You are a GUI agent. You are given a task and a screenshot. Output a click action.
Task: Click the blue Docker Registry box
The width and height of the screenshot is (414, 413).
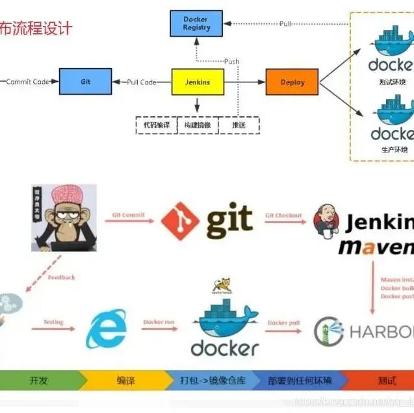coord(196,24)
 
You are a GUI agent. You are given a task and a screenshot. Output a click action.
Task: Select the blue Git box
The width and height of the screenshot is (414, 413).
coord(85,82)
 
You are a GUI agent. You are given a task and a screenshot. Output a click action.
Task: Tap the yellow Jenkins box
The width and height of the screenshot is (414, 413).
coord(197,82)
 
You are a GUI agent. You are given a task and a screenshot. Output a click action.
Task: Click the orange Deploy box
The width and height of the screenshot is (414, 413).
coord(292,82)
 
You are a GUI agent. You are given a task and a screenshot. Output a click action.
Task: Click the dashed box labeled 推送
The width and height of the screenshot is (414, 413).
coord(237,124)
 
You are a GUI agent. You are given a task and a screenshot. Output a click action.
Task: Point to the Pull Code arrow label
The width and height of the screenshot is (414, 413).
coord(141,82)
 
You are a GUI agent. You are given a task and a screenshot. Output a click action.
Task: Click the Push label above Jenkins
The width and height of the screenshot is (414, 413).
coord(231,62)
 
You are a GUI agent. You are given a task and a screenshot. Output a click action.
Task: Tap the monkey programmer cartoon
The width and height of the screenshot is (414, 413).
coord(64,218)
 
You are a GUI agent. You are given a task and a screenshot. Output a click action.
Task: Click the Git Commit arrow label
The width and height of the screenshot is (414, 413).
coord(128,215)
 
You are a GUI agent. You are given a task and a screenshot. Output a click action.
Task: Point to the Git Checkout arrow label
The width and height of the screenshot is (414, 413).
coord(283,215)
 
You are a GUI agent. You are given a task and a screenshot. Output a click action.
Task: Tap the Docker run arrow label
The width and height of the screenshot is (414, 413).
coord(159,323)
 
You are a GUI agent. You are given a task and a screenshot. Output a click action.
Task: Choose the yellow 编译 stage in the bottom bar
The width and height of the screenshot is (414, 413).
coord(125,381)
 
